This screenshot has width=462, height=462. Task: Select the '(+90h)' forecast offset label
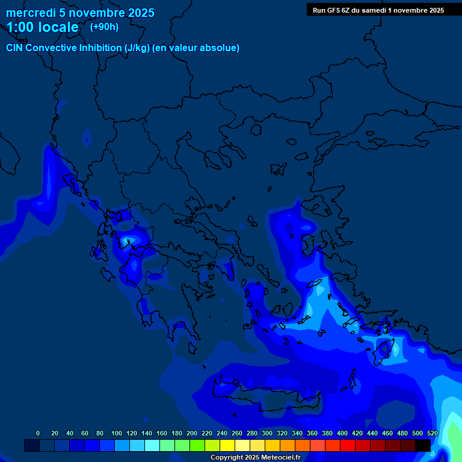pos(104,27)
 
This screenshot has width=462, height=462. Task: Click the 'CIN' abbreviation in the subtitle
pos(16,48)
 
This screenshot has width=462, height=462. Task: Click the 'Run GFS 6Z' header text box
pos(378,10)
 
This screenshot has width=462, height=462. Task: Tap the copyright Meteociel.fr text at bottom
pos(255,458)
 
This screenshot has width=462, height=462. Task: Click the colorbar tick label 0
pos(38,433)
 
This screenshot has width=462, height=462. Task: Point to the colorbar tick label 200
pos(192,433)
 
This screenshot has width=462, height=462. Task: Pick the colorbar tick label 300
pos(267,433)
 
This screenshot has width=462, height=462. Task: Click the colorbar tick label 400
pos(342,433)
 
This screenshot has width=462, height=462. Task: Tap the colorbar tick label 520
pos(432,433)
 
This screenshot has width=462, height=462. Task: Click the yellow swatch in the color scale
pos(227,445)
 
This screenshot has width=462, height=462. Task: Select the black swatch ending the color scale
pos(423,445)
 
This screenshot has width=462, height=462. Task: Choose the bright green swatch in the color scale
pos(197,445)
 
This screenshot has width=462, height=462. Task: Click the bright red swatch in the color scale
pos(348,445)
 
